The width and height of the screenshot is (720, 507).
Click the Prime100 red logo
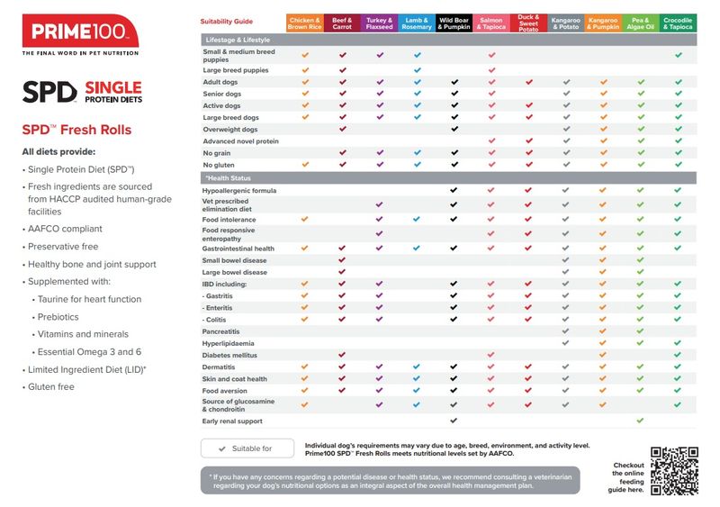point(80,31)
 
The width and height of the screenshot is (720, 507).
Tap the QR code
point(674,471)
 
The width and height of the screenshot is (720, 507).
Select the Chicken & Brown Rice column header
point(304,23)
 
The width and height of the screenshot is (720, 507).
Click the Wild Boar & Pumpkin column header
point(454,23)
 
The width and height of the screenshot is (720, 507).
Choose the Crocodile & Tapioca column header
point(678,23)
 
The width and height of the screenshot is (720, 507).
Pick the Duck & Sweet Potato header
point(528,23)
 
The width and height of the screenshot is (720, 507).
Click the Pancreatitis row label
point(220,331)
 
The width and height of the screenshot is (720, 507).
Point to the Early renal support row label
point(232,421)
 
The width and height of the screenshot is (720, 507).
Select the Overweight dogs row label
point(230,130)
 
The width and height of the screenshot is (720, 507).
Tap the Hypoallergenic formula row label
point(239,190)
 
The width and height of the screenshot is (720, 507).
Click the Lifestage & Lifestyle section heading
point(238,40)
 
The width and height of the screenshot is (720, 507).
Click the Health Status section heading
point(229,178)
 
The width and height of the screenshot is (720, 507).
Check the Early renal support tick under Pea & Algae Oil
point(640,421)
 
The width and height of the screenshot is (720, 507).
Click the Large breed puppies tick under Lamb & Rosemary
point(417,70)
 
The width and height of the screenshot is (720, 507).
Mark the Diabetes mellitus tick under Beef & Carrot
point(342,355)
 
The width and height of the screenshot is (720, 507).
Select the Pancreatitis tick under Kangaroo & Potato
point(565,331)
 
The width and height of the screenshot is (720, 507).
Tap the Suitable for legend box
point(247,448)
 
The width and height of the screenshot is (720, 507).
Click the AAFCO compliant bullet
point(65,229)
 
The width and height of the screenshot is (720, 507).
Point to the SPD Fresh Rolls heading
point(76,130)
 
